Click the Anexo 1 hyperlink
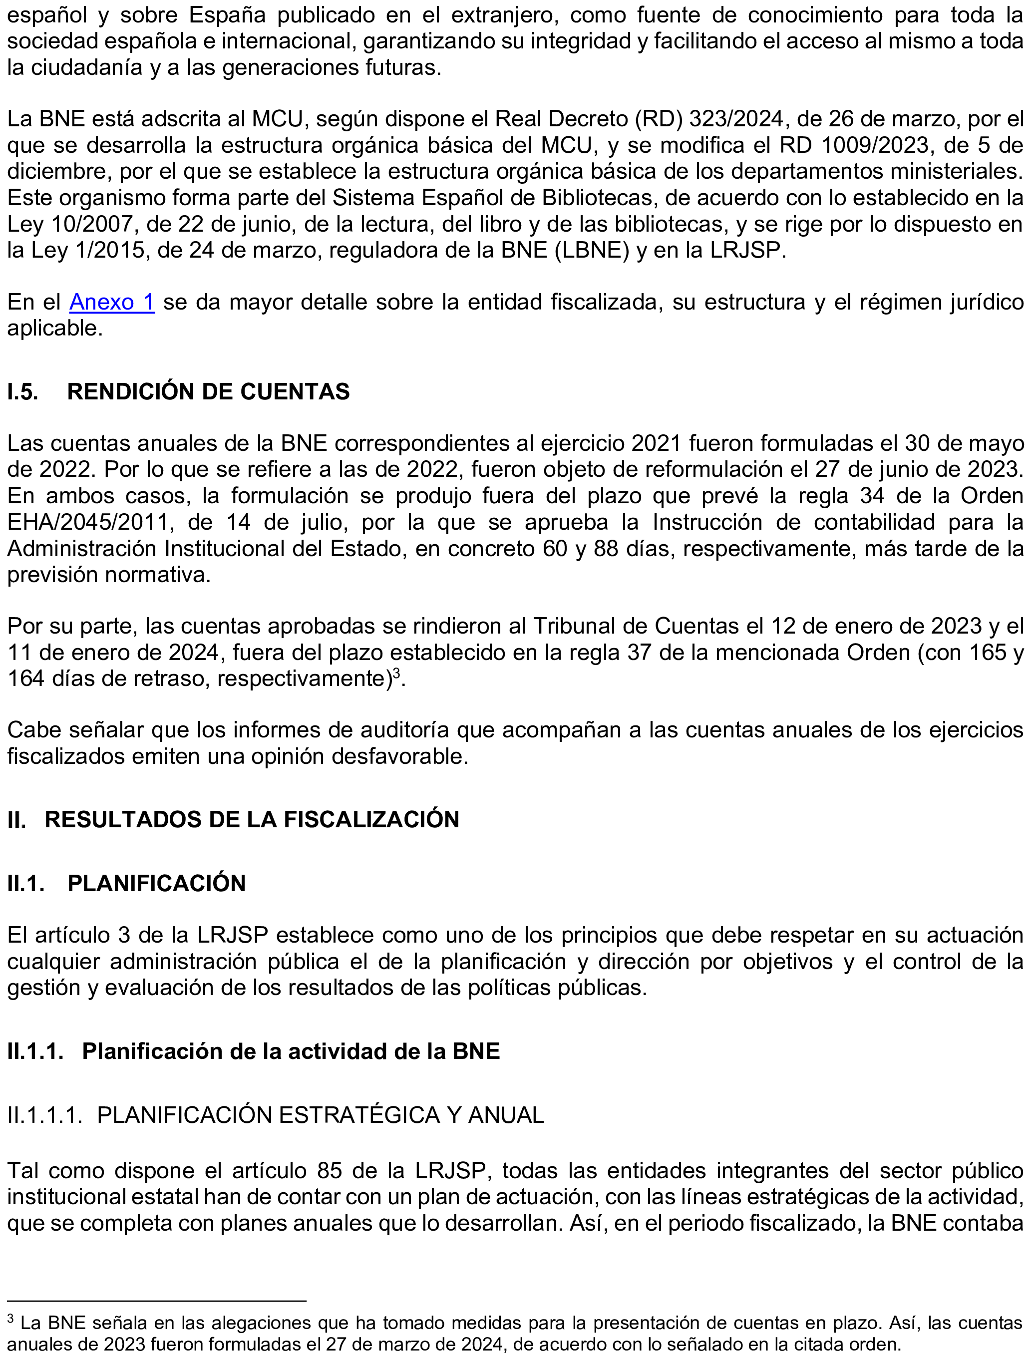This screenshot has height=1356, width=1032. pyautogui.click(x=112, y=302)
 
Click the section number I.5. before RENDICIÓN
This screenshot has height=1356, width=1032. pyautogui.click(x=23, y=392)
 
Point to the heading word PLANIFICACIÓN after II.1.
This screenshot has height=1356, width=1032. pyautogui.click(x=157, y=883)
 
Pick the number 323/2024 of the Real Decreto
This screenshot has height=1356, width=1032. pyautogui.click(x=737, y=118)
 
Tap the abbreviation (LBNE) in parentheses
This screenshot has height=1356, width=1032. pyautogui.click(x=592, y=251)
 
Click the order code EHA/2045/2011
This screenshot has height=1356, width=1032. pyautogui.click(x=88, y=523)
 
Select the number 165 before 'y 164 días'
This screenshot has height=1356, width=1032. pyautogui.click(x=987, y=652)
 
